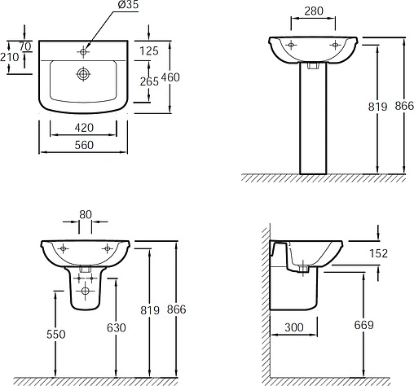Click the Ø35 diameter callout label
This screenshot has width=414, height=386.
(128, 5)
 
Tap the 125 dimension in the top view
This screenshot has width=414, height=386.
(149, 50)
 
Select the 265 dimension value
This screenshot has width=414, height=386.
(149, 81)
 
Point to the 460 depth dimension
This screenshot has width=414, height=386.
(170, 77)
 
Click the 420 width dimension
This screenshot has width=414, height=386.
(84, 128)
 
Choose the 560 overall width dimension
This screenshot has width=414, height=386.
(84, 145)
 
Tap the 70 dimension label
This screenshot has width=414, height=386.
(25, 46)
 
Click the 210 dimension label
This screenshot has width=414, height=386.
(10, 57)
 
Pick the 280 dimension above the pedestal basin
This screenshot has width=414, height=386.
(314, 11)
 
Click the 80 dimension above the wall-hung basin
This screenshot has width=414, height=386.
(86, 215)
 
